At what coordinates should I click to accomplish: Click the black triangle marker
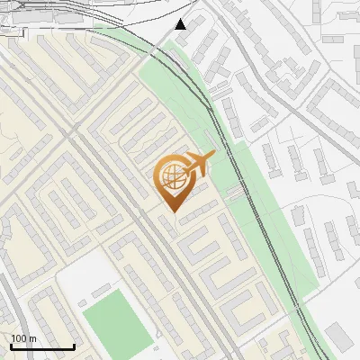181,23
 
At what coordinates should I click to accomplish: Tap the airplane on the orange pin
197,164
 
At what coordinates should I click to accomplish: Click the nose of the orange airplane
213,155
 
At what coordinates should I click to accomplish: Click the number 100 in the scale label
20,338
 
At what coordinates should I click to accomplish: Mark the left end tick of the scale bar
10,346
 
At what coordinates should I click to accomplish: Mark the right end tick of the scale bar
74,346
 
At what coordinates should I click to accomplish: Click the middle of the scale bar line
41,347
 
